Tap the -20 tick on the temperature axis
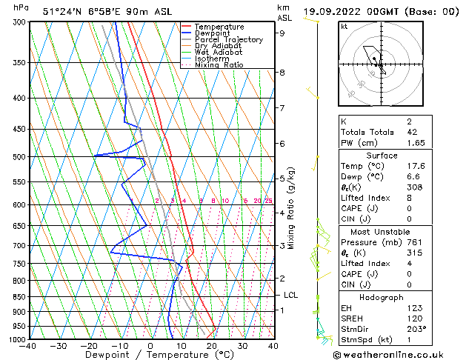89,346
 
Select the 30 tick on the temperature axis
242,346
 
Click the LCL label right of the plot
290,295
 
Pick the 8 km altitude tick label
282,73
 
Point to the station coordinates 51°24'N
62,11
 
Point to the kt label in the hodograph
344,27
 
